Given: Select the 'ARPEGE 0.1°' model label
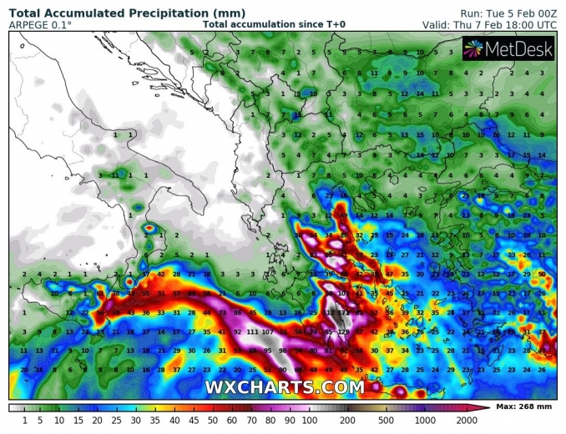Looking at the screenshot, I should click(39, 25).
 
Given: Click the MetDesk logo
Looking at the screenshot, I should click(508, 49).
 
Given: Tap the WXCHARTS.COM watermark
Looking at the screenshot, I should click(284, 388).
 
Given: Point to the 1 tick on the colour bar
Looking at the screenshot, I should click(25, 419).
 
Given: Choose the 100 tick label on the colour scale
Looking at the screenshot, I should click(308, 419).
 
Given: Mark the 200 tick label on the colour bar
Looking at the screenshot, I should click(346, 419).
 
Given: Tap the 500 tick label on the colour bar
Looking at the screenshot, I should click(385, 419).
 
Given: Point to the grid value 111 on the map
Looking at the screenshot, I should click(251, 331).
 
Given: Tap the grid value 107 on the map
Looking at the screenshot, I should click(269, 331).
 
